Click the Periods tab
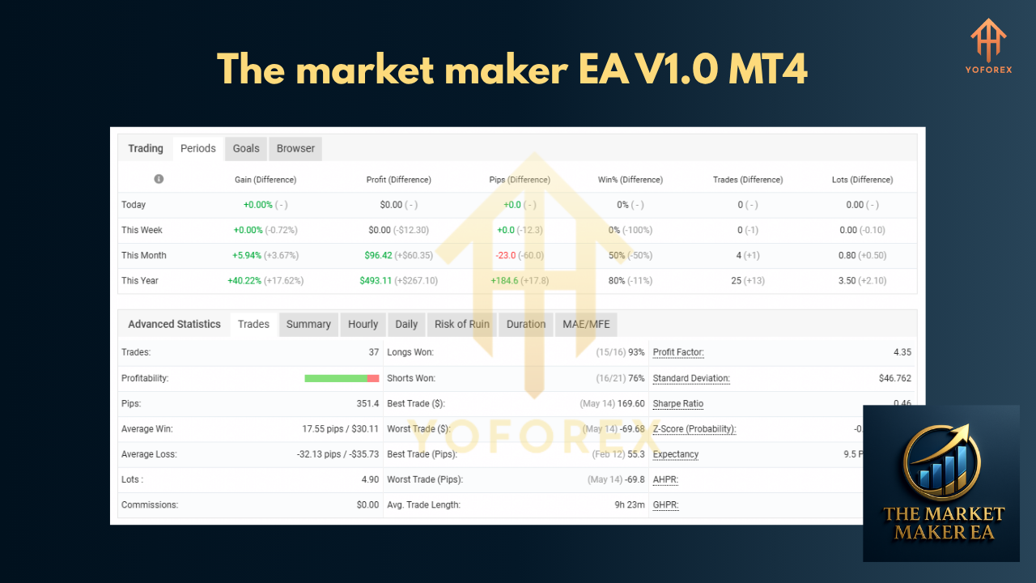tap(197, 148)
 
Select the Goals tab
tap(246, 148)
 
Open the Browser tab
tap(295, 148)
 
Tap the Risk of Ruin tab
tap(461, 324)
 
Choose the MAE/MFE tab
tap(586, 324)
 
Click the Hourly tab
tap(363, 324)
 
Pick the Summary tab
tap(308, 324)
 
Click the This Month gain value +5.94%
tap(246, 255)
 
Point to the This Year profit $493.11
tap(376, 280)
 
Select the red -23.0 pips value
tap(506, 255)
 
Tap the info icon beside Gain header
tap(159, 179)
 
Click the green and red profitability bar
tap(342, 378)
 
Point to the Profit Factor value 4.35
tap(900, 352)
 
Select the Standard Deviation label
tap(690, 378)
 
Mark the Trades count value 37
tap(372, 352)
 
